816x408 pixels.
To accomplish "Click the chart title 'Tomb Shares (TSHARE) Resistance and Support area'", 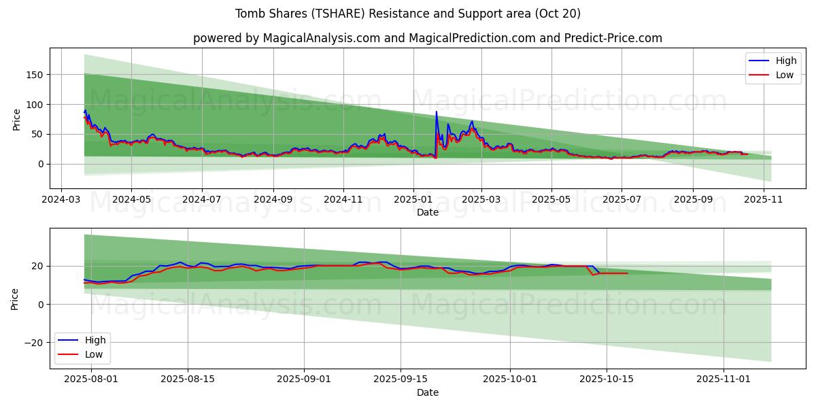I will point(408,14).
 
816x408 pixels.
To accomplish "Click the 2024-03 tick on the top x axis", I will point(62,200).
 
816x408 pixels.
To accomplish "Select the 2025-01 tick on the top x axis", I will point(413,200).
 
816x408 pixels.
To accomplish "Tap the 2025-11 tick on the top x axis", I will point(764,200).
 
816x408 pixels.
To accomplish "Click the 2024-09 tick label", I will point(273,200).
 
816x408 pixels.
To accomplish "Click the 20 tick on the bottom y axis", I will point(37,266).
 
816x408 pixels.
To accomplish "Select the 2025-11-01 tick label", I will point(724,379).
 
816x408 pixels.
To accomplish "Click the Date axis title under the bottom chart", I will point(427,392).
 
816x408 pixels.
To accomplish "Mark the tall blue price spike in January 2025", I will point(436,112).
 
